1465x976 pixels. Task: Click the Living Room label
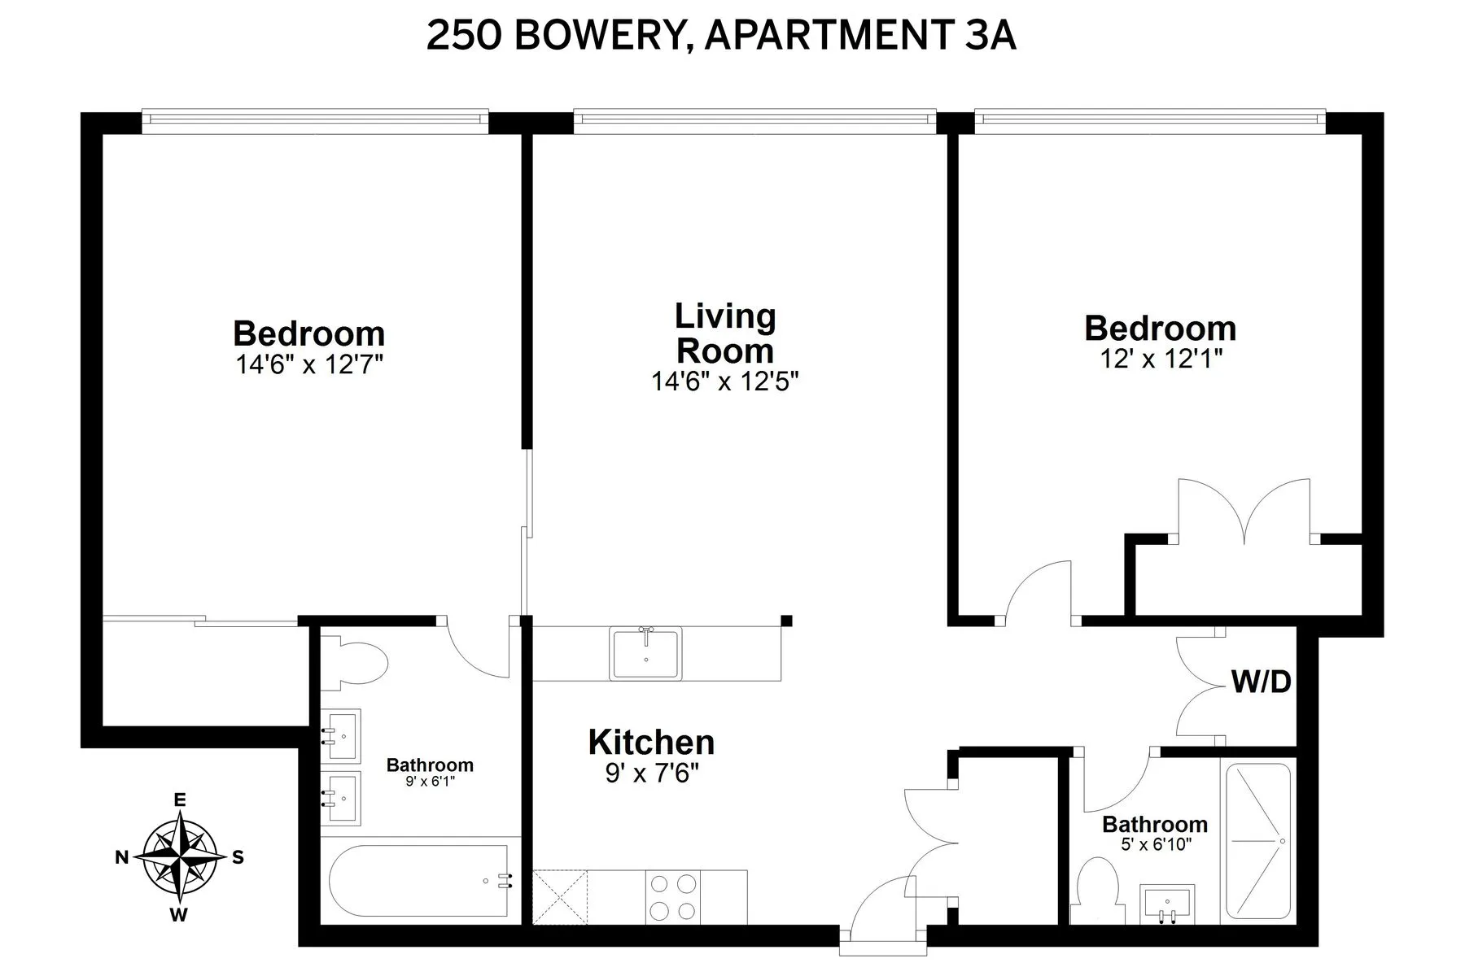[725, 333]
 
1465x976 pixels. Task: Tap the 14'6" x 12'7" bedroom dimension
[309, 364]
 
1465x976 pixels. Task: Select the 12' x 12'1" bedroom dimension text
[1161, 359]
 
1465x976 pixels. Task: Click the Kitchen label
[651, 742]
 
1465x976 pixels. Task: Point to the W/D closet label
[1261, 682]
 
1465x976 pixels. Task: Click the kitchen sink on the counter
[645, 654]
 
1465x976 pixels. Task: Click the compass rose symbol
[180, 857]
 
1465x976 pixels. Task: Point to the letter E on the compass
[180, 800]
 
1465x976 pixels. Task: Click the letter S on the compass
[238, 857]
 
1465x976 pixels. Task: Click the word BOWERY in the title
[601, 37]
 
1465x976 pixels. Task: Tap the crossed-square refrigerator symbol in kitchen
[559, 897]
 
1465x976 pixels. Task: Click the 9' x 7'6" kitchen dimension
[652, 773]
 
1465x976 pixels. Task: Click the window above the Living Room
[754, 120]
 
